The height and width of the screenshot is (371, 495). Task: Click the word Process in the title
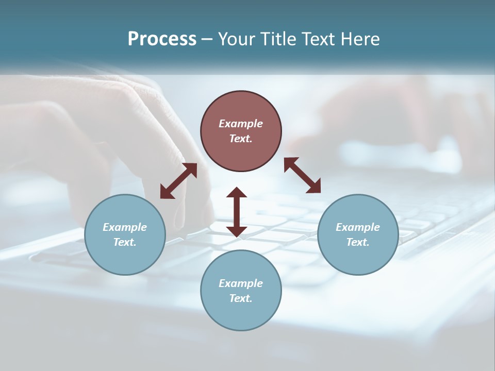click(162, 39)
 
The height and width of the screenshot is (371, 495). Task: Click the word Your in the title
click(235, 39)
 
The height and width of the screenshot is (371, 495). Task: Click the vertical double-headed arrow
click(237, 212)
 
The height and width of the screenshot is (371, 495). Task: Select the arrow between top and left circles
click(178, 181)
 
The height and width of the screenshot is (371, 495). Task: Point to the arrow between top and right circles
click(302, 175)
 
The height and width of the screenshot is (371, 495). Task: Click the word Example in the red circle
click(241, 124)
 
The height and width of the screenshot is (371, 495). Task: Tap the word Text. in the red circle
click(241, 139)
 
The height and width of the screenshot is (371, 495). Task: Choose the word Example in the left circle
click(125, 227)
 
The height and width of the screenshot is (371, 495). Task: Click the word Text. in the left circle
click(125, 242)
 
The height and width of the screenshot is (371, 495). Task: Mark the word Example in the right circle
click(358, 227)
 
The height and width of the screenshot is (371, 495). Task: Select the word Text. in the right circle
click(358, 242)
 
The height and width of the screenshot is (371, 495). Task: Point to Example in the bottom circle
click(241, 283)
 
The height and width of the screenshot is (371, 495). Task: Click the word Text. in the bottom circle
click(241, 298)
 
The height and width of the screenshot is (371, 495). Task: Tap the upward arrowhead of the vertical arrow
click(237, 193)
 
